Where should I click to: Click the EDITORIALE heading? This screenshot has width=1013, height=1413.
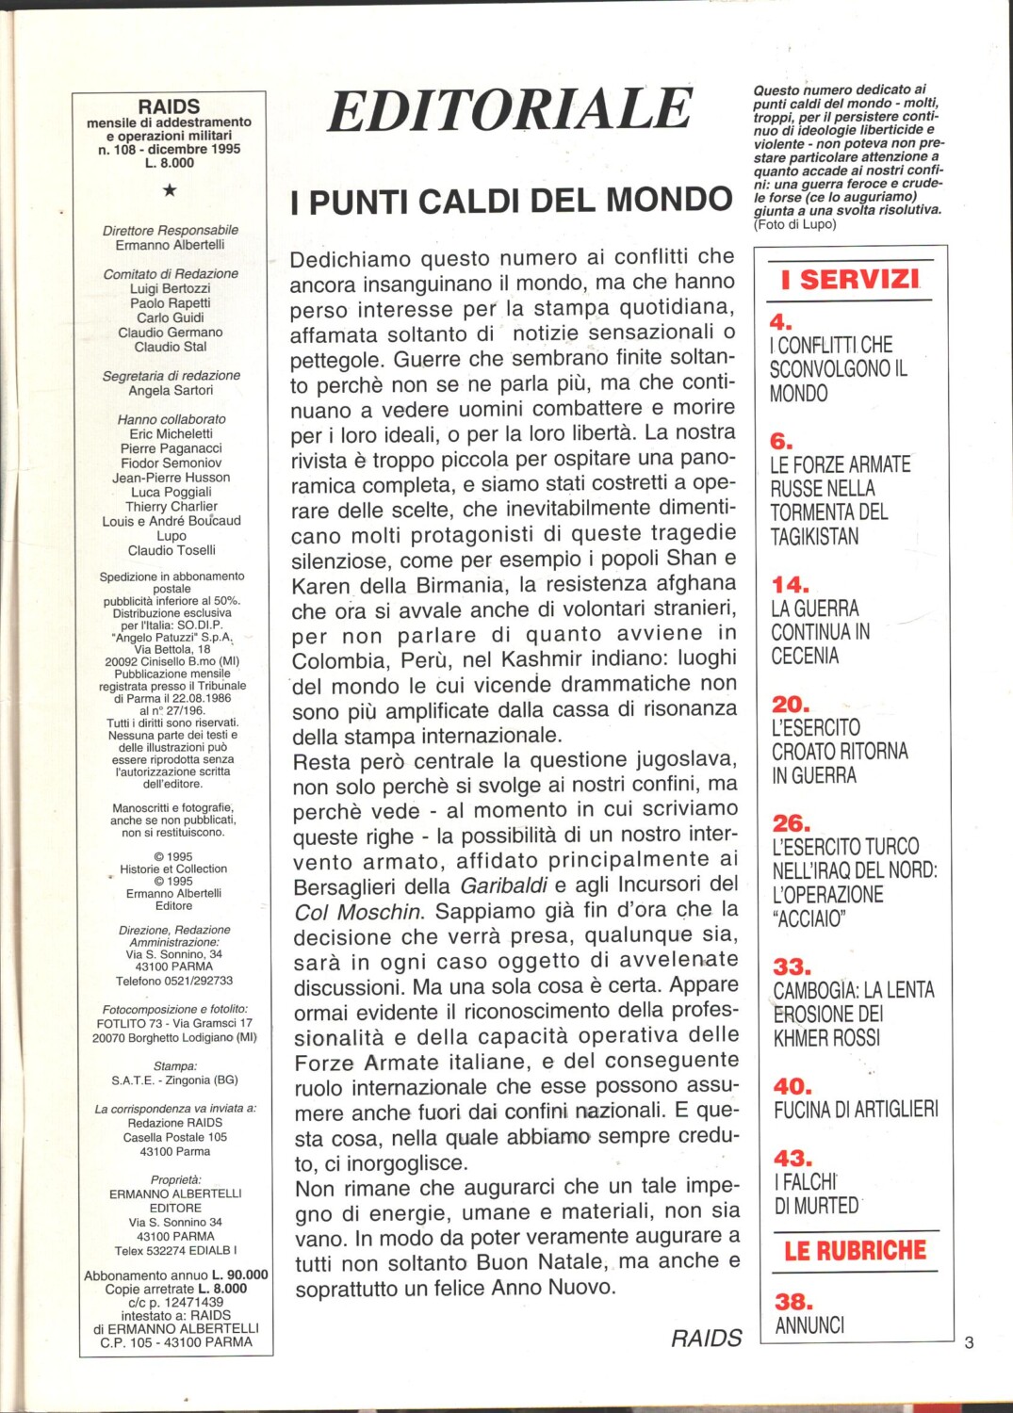click(510, 109)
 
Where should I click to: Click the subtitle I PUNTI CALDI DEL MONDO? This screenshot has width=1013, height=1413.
click(512, 201)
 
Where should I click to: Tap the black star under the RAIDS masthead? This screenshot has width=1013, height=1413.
click(170, 190)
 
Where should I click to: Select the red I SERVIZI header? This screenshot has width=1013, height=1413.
click(849, 280)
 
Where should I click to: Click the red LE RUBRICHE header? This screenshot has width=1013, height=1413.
click(855, 1251)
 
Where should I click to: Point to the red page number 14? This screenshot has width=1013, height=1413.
click(790, 585)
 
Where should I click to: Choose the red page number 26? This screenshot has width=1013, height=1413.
click(791, 823)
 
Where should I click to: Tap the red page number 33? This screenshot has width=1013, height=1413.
click(791, 966)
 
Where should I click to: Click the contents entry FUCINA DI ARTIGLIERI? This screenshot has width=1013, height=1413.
click(856, 1110)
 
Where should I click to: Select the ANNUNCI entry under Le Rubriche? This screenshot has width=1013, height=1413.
click(809, 1325)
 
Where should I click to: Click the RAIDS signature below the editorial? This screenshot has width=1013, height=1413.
click(706, 1338)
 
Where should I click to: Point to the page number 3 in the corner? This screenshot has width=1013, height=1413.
click(969, 1342)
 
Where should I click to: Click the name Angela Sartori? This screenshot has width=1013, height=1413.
click(171, 390)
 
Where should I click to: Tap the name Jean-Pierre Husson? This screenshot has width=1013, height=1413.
click(171, 478)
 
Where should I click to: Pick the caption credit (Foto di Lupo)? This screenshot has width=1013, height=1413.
click(794, 224)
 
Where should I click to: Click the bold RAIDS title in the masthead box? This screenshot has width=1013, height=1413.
click(169, 106)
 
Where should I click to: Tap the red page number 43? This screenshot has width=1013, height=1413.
click(792, 1158)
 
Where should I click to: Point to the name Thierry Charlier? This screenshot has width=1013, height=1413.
click(171, 507)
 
